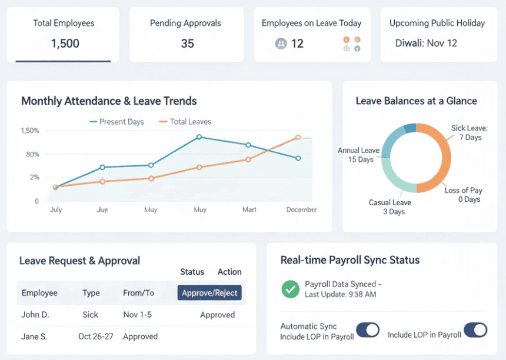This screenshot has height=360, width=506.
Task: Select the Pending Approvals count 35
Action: (x=187, y=44)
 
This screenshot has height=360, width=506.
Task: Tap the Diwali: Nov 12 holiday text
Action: (x=426, y=43)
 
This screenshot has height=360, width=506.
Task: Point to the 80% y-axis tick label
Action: (x=32, y=154)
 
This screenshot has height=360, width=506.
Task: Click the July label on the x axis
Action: (x=56, y=209)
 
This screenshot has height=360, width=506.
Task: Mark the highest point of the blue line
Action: (x=199, y=137)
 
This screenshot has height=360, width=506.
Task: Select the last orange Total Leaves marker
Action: (x=298, y=137)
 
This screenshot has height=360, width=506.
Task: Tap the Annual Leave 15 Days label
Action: (x=358, y=155)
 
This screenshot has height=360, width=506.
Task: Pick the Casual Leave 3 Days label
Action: (x=390, y=207)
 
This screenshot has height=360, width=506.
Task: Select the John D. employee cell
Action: (x=35, y=315)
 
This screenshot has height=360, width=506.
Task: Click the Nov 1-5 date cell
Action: (x=137, y=315)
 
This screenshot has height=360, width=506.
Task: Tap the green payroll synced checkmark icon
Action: (x=290, y=289)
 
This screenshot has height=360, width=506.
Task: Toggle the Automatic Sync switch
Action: (x=368, y=330)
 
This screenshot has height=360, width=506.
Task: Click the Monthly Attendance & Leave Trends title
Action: (x=109, y=101)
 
